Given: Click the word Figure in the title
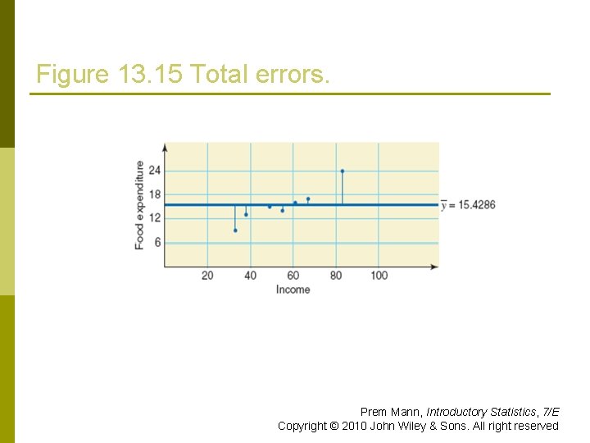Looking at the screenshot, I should point(72,75).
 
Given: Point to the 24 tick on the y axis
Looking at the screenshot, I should point(154,171).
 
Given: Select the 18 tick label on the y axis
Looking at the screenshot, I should point(154,194).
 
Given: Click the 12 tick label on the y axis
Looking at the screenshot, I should point(154,218).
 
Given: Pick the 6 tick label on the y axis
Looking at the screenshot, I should point(157,243).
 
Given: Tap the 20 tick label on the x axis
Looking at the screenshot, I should point(207,276).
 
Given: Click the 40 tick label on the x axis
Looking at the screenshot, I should point(250,276).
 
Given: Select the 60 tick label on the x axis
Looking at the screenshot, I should point(293,276).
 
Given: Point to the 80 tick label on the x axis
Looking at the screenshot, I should point(336,276).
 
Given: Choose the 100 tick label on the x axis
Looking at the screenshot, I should point(379,276).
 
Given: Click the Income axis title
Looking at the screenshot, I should point(293,290).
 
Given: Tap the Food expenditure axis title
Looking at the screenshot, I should point(139,205).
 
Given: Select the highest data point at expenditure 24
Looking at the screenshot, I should point(342,171).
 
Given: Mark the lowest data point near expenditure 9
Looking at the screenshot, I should point(235,231).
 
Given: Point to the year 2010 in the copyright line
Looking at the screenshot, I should point(355,426).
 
